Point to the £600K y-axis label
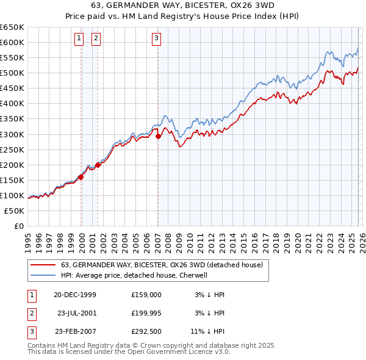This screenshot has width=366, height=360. [x=12, y=42]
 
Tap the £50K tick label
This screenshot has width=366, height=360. [x=15, y=211]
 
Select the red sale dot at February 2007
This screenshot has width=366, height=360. [x=158, y=136]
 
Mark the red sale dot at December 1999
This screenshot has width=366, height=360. [x=81, y=177]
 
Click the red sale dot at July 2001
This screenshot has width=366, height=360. [x=98, y=165]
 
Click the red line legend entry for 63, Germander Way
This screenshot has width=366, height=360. [x=162, y=265]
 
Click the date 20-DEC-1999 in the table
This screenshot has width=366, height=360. [x=75, y=294]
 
